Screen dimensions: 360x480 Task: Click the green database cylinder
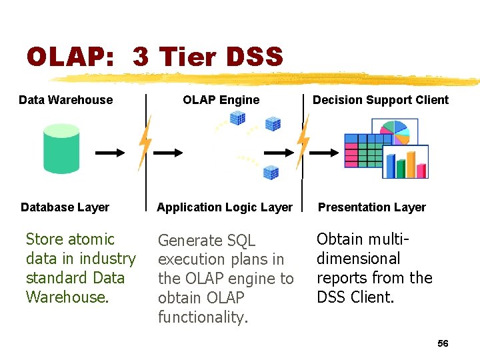pos(61,149)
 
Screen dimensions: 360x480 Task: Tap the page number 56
pos(443,343)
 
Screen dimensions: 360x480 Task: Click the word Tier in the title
pos(186,57)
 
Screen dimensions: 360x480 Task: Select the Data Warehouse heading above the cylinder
pos(66,100)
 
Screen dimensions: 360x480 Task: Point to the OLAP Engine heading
pos(221,100)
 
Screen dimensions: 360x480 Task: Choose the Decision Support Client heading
pos(381,100)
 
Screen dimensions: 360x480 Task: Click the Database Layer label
pos(65,207)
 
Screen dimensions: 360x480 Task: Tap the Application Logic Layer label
pos(225,207)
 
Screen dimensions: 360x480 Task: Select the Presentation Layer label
pos(371,207)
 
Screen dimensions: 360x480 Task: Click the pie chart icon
pos(394,133)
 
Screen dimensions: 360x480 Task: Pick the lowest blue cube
pos(271,173)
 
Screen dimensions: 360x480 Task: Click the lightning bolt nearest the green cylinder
pos(145,143)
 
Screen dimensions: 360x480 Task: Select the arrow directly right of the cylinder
pos(109,153)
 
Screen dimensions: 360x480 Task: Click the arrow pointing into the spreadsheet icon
pos(326,153)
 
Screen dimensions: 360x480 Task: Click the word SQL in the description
pos(241,241)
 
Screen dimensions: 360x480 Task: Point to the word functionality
pos(203,317)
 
